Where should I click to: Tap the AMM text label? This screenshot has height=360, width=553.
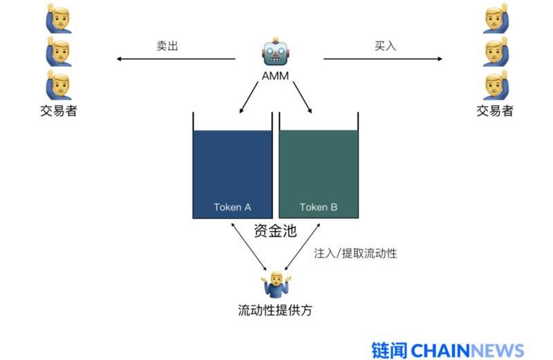pos(275,75)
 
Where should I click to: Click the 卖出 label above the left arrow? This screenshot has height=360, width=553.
pos(167,46)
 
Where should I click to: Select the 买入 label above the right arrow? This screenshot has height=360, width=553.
pos(385,46)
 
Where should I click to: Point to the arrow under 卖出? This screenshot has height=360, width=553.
pos(176,59)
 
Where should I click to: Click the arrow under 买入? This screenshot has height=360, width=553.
pos(383,59)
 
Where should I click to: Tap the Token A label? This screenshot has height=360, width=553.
pos(232,207)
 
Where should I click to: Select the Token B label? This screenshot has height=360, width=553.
pos(319,207)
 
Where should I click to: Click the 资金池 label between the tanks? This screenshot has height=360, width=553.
pos(275,231)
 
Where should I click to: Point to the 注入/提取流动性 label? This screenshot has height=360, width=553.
pos(355,253)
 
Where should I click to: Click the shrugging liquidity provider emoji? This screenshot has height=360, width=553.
pos(276,285)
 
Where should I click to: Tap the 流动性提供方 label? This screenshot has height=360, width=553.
pos(275,310)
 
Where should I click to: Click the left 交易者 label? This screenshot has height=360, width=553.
pos(59,111)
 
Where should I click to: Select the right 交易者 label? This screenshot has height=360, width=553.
pos(495,111)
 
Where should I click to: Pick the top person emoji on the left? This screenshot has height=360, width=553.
pos(59,19)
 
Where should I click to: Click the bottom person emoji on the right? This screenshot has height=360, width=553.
pos(496,85)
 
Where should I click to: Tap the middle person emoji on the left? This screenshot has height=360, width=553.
pos(59,52)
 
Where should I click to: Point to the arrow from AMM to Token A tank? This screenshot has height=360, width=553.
pos(249,97)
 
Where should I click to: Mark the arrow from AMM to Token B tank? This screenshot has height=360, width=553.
pos(302,97)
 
